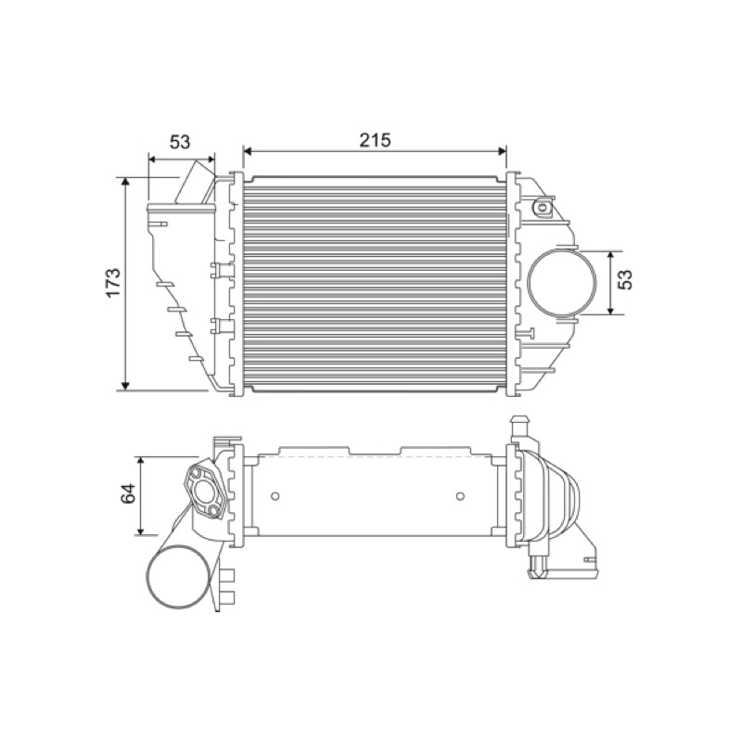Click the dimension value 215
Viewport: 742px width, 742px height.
(x=375, y=140)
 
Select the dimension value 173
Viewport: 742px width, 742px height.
(x=113, y=283)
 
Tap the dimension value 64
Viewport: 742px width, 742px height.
(x=128, y=494)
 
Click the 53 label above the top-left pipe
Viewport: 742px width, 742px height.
(x=180, y=142)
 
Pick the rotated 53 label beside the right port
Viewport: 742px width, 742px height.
(x=625, y=280)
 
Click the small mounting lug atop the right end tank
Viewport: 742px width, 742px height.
(x=542, y=207)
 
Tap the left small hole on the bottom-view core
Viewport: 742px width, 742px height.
(x=275, y=496)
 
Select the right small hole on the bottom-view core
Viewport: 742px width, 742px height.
(x=460, y=496)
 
